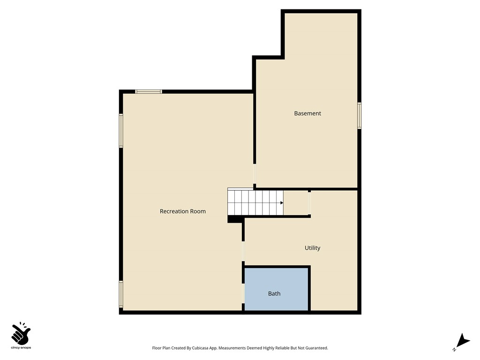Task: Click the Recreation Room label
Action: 183,211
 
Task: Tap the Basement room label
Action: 307,113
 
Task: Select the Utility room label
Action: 312,248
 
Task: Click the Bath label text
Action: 274,294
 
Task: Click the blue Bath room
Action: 277,281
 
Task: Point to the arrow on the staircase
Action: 282,202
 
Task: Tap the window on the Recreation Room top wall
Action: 149,91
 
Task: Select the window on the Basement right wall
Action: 360,116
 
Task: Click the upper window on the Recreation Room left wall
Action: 121,131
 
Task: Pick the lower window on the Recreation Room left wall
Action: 121,294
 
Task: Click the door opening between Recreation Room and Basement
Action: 255,174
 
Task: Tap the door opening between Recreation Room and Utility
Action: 243,251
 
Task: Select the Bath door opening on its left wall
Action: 243,293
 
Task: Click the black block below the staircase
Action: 234,219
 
